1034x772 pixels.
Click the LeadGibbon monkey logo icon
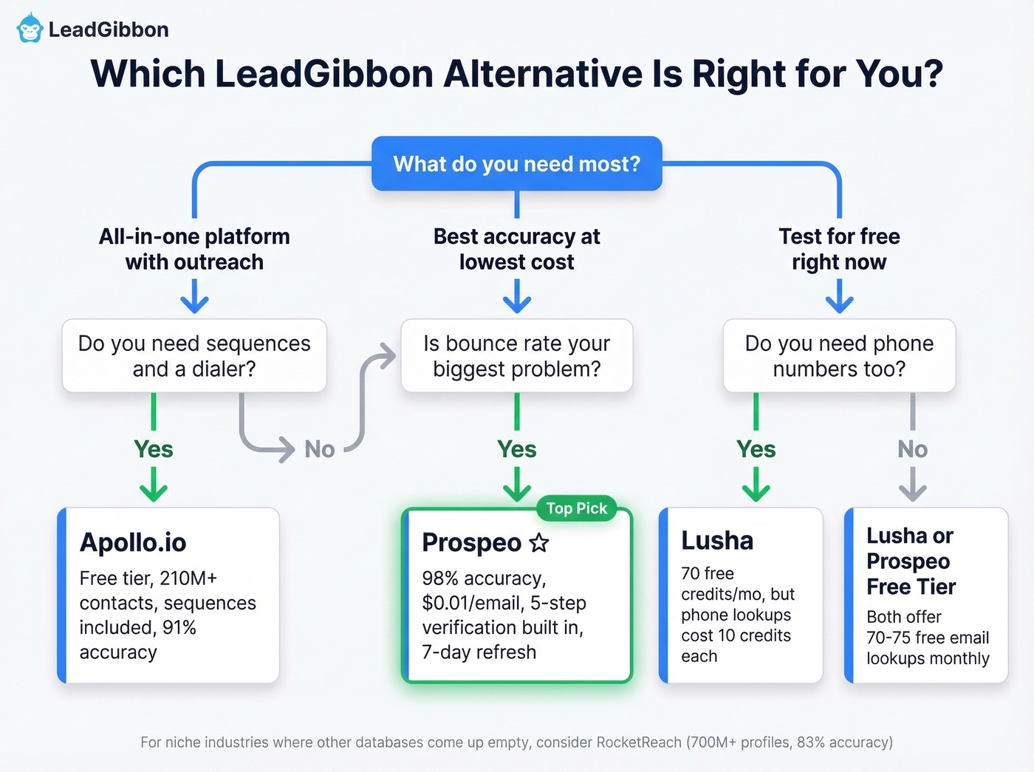click(30, 28)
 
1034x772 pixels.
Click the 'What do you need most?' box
click(516, 163)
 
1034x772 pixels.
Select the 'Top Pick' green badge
click(576, 508)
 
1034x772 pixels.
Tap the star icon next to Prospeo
click(539, 543)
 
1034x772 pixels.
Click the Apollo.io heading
click(133, 542)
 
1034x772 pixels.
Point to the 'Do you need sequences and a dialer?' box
click(194, 355)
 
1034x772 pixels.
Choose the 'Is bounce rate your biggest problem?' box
click(516, 355)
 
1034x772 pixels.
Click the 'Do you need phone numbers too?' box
click(839, 355)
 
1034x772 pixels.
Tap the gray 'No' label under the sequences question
click(319, 449)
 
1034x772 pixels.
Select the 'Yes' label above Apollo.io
click(154, 449)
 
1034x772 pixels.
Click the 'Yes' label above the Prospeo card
click(516, 449)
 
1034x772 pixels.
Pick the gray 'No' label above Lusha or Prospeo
click(912, 449)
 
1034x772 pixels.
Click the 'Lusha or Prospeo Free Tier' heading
click(911, 561)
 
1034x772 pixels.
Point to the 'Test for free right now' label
click(839, 249)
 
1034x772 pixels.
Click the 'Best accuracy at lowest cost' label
click(516, 249)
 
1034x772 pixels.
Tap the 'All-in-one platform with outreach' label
click(194, 249)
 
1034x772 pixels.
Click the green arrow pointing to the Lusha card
click(756, 488)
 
